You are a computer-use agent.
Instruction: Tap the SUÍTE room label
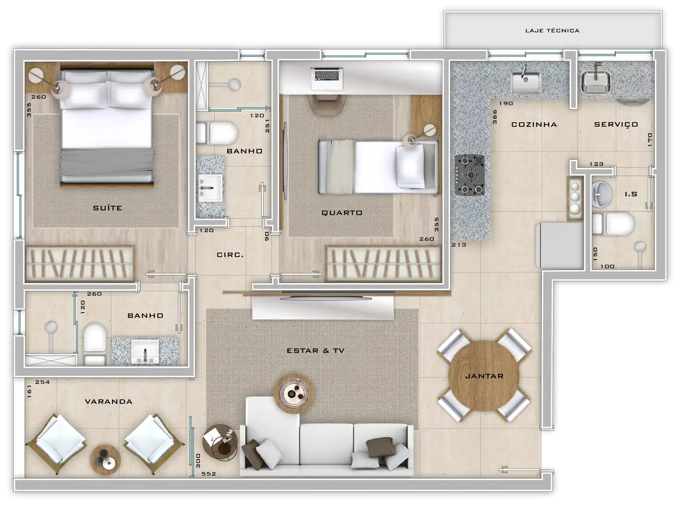pyautogui.click(x=107, y=208)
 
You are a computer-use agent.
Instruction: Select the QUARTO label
pyautogui.click(x=342, y=213)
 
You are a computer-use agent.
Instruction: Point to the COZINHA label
pyautogui.click(x=534, y=124)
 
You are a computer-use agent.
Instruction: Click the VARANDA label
pyautogui.click(x=109, y=401)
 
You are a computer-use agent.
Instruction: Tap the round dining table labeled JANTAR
pyautogui.click(x=484, y=376)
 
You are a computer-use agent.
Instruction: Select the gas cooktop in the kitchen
pyautogui.click(x=469, y=175)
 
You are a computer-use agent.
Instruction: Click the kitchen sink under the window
pyautogui.click(x=525, y=82)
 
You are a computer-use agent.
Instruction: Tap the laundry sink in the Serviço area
pyautogui.click(x=596, y=82)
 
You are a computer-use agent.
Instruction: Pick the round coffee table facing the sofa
pyautogui.click(x=294, y=393)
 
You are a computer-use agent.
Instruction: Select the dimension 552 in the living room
pyautogui.click(x=208, y=474)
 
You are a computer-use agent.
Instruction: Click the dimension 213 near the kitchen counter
pyautogui.click(x=459, y=245)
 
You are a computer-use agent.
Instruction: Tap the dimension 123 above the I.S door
pyautogui.click(x=596, y=164)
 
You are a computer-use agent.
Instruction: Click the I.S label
pyautogui.click(x=631, y=194)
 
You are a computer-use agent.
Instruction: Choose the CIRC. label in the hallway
pyautogui.click(x=230, y=255)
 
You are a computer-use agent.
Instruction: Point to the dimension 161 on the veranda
pyautogui.click(x=29, y=391)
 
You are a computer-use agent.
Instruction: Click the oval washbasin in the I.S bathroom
pyautogui.click(x=602, y=194)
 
